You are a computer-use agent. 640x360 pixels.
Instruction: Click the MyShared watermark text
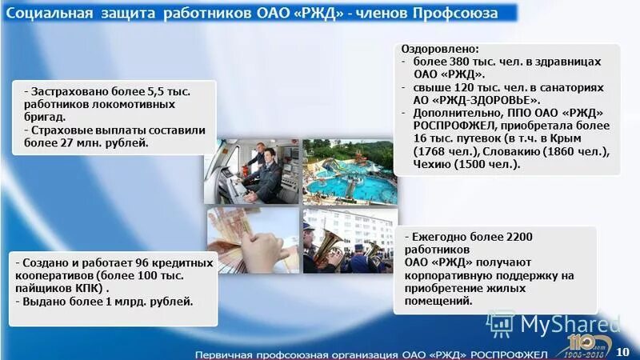pyautogui.click(x=570, y=323)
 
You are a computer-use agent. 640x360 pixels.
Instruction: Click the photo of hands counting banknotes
pyautogui.click(x=254, y=240)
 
